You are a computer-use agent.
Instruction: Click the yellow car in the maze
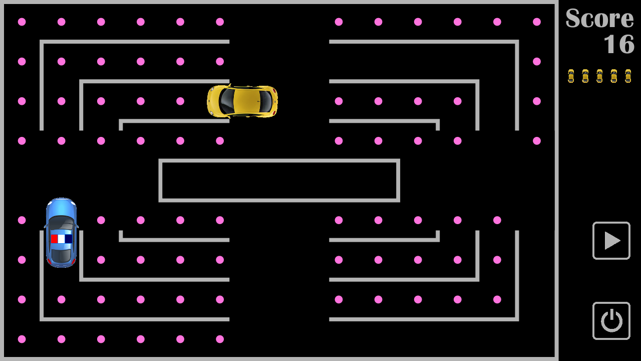pos(242,101)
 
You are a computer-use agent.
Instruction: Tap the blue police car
pos(61,232)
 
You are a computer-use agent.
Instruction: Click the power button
pos(611,321)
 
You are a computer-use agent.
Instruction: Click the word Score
pos(599,19)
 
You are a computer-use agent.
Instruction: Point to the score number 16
pos(619,44)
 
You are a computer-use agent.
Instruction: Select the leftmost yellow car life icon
pos(571,76)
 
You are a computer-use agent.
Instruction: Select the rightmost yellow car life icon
pos(628,76)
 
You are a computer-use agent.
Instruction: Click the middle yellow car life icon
pos(599,76)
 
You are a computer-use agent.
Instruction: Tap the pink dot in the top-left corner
pos(22,22)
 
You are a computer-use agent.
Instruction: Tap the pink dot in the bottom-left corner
pos(22,339)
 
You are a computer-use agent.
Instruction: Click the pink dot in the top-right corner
pos(537,22)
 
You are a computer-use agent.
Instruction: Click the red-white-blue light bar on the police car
pos(61,239)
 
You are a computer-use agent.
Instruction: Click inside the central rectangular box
pos(279,180)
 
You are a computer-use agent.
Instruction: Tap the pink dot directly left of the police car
pos(22,220)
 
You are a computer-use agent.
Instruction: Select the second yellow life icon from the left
pos(585,76)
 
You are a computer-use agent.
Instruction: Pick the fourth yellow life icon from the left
pos(614,76)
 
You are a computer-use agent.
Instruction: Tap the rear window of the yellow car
pos(226,101)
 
